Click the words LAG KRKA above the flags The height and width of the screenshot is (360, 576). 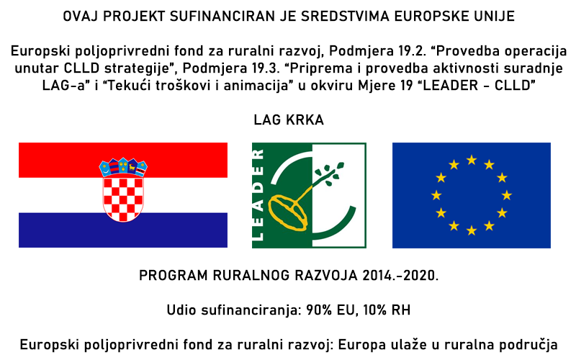point(289,120)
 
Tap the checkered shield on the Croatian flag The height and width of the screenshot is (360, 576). point(123,199)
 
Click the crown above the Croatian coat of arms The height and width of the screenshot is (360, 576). point(123,168)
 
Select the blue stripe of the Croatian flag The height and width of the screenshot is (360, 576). point(123,230)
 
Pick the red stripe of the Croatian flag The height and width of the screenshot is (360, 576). point(123,160)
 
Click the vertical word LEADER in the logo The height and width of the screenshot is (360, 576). point(258,195)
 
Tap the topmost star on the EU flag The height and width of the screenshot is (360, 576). point(472,160)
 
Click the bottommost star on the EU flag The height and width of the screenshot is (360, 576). point(472,230)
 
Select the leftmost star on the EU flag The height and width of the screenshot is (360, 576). point(436,195)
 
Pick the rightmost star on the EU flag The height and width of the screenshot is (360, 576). point(507,195)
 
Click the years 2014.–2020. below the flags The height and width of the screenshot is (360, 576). point(400,276)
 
